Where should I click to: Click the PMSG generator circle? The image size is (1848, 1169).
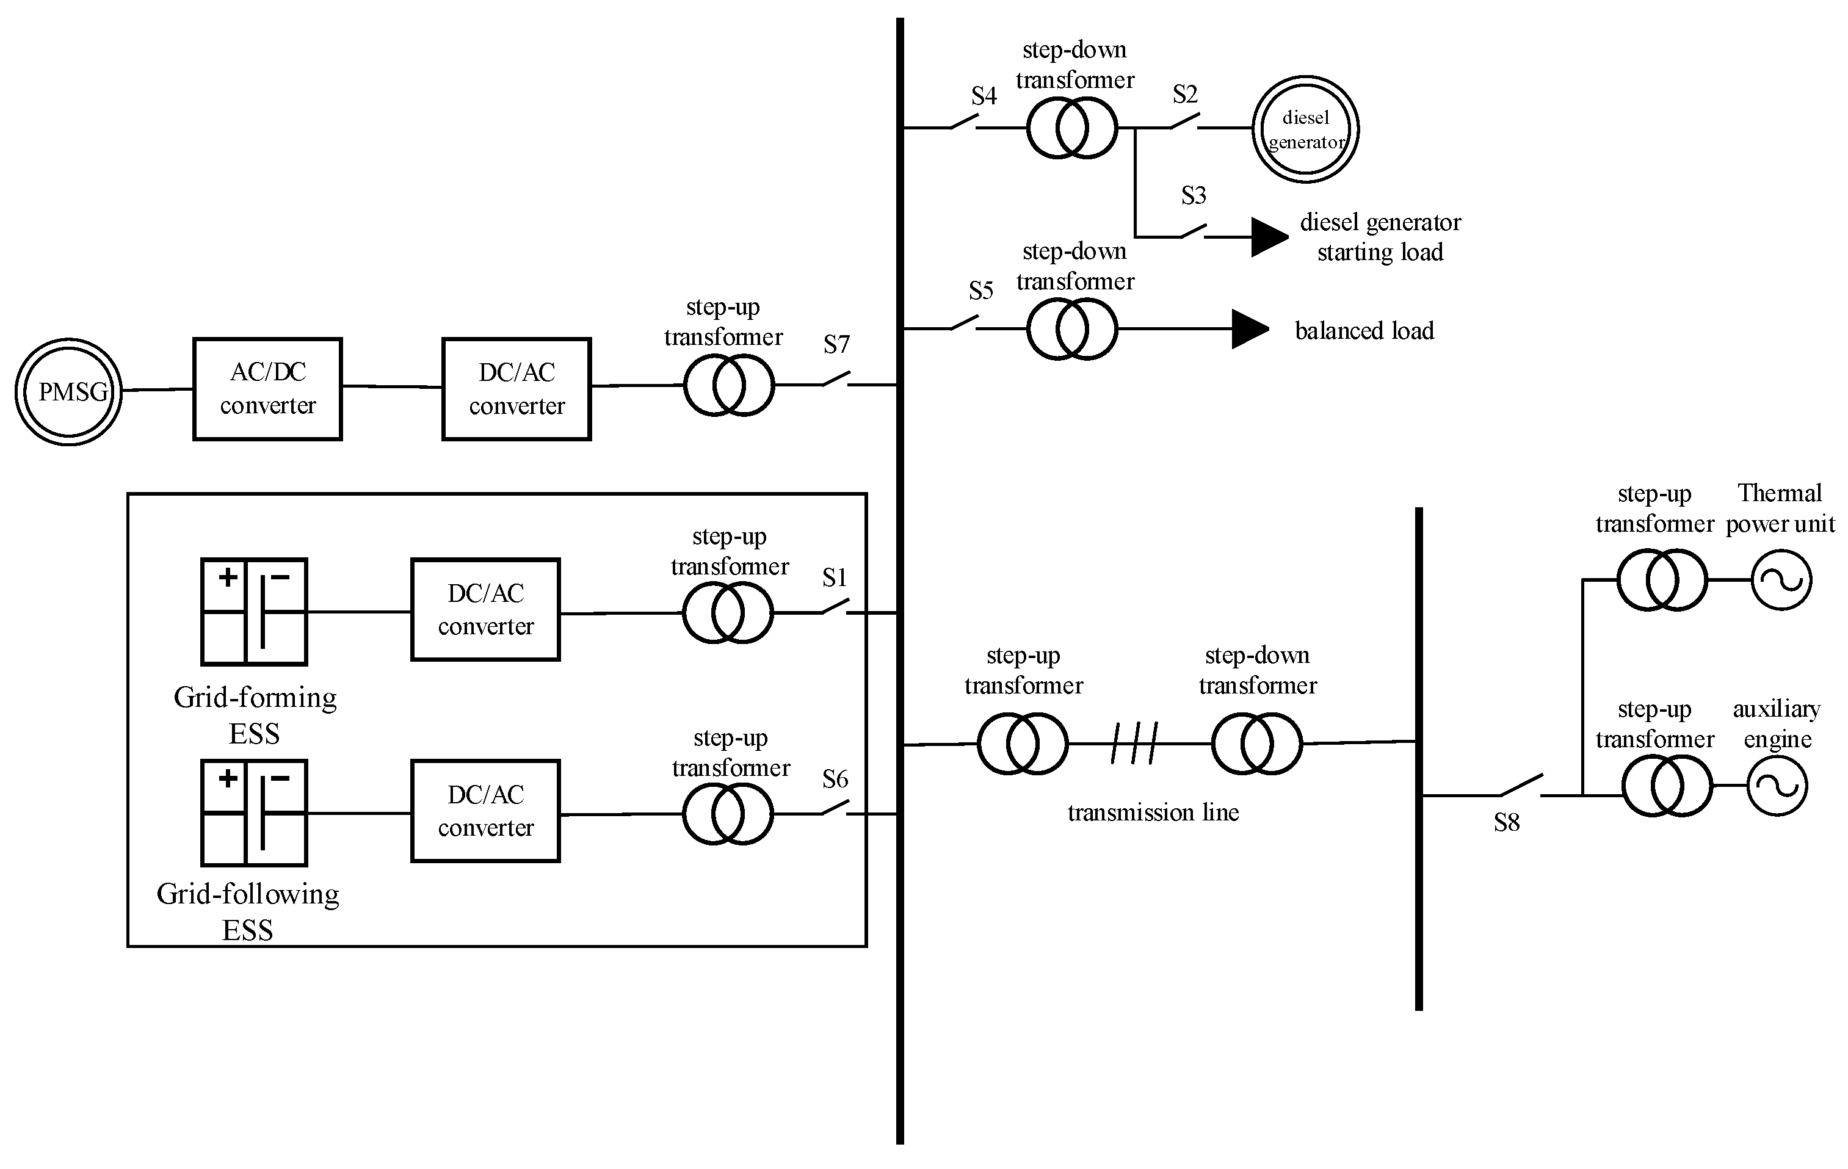69,391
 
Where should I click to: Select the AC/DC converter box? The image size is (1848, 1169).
267,388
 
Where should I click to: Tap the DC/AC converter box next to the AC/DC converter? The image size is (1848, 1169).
516,388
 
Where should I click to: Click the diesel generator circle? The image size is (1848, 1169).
1305,129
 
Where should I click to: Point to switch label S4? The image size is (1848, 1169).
984,96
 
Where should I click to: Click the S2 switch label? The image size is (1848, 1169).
1185,95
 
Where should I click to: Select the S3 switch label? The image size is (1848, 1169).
1194,196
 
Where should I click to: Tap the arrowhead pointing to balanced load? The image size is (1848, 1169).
1249,329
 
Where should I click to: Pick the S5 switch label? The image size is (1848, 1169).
981,291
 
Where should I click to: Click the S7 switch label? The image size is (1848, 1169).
836,345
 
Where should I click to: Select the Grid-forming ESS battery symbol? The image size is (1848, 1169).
254,612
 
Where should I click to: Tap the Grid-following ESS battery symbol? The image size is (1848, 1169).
254,813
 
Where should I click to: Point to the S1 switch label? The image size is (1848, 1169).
834,577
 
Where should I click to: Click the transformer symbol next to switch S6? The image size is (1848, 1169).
728,814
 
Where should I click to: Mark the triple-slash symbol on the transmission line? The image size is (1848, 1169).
1134,743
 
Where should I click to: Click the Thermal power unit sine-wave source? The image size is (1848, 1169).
1780,581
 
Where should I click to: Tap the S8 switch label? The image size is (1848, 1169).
1507,823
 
